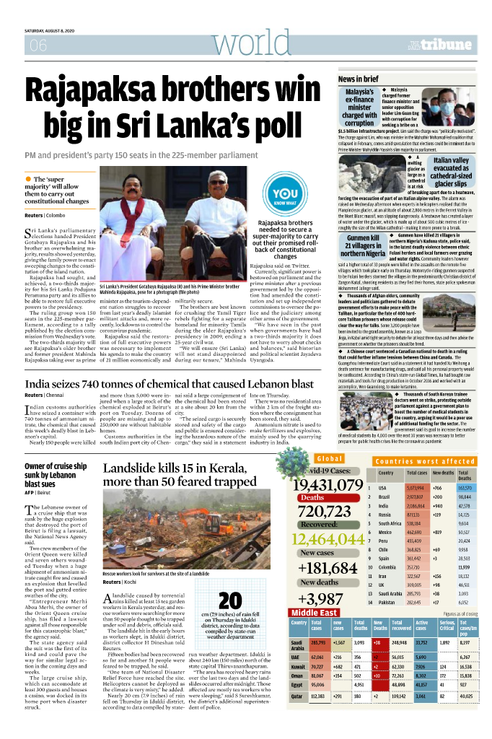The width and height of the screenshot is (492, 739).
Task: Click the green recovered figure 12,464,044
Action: [x=328, y=539]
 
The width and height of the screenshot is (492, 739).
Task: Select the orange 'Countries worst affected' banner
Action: [x=425, y=461]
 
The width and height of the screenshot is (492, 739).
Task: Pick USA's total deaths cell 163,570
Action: [x=465, y=488]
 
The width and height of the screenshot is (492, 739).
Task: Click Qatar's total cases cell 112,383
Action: [x=318, y=717]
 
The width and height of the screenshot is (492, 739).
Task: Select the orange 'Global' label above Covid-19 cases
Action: [x=330, y=459]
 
